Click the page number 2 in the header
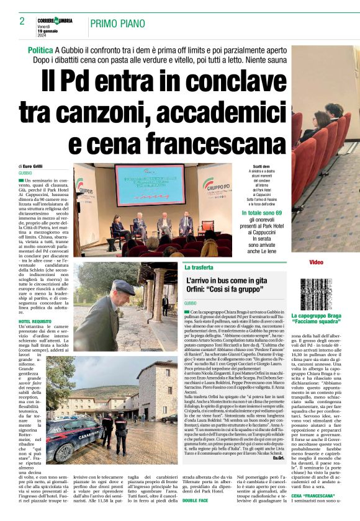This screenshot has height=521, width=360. point(22,21)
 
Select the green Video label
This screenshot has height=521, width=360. point(316,262)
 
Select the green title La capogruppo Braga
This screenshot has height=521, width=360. point(316,316)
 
